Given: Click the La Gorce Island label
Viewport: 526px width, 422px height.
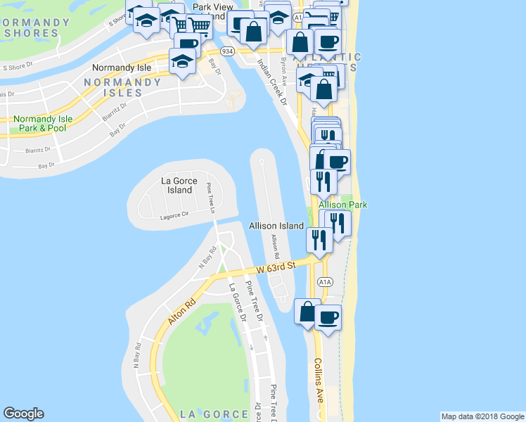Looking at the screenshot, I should tap(177, 185).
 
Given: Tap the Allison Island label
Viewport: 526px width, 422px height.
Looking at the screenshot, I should tap(276, 226).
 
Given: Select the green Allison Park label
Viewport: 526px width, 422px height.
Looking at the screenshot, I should tap(342, 205).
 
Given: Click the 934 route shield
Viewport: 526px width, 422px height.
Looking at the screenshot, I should tap(227, 51).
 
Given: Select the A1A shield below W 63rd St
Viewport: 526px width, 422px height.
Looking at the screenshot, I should tap(324, 282).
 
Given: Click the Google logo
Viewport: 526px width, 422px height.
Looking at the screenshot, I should tap(23, 414).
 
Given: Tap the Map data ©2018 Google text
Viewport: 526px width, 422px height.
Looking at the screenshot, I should tap(482, 416).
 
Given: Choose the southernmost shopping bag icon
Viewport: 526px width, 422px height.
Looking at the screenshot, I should tap(307, 311).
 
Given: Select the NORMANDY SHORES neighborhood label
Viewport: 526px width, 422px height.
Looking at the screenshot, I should tap(35, 27).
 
